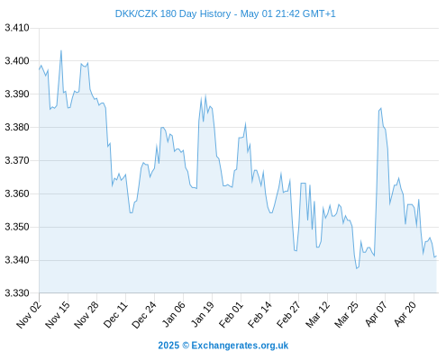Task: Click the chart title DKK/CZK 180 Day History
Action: (173, 13)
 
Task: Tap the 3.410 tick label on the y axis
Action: (17, 28)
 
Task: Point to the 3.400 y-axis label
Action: (17, 61)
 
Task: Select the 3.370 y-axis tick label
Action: (17, 160)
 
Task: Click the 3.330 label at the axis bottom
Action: (17, 293)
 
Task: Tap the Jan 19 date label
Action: (202, 314)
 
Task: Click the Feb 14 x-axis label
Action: (259, 314)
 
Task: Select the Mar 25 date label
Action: (346, 314)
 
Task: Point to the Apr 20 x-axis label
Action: (405, 314)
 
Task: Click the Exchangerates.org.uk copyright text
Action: (240, 346)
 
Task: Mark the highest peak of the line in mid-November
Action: (61, 50)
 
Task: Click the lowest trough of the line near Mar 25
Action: (357, 268)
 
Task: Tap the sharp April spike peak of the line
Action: (381, 108)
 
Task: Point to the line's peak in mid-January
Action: (205, 95)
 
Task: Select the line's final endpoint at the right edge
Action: (436, 256)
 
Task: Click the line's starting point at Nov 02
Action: (39, 69)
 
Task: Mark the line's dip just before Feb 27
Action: (296, 250)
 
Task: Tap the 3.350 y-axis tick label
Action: (17, 227)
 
